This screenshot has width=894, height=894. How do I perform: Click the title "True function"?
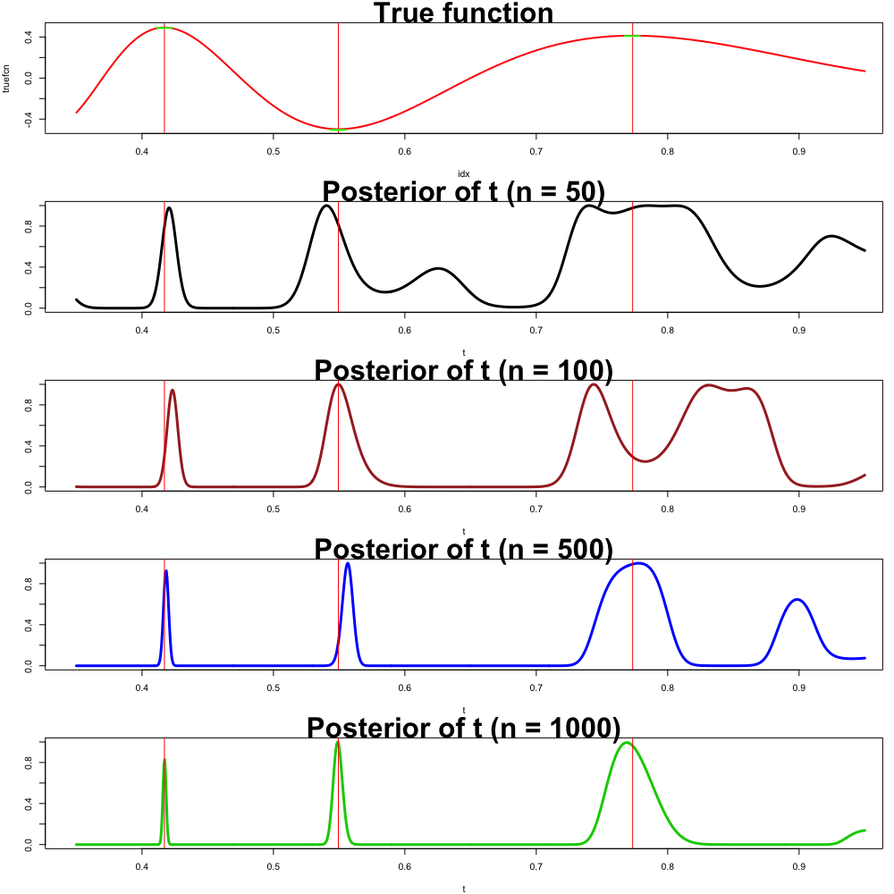coord(463,13)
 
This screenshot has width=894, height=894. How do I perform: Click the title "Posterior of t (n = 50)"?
coord(463,191)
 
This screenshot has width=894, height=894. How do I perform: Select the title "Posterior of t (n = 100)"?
coord(463,370)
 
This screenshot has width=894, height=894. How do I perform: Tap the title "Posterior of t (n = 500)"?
coord(463,549)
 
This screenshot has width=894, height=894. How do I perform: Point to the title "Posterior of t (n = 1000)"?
coord(463,728)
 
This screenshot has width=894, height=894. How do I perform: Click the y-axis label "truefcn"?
coord(8,78)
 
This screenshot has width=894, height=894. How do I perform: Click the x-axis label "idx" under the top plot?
coord(463,173)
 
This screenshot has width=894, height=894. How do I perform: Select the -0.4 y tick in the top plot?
coord(30,120)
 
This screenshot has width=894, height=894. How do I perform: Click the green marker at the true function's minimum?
coord(338,130)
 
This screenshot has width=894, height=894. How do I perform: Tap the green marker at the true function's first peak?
coord(164,28)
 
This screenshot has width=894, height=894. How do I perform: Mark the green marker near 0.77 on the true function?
coord(632,36)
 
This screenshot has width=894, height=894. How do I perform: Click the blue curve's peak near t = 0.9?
coord(798,599)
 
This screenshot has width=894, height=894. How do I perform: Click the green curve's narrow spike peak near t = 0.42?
coord(164,760)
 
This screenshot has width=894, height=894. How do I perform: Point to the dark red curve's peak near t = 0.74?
coord(594,384)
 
